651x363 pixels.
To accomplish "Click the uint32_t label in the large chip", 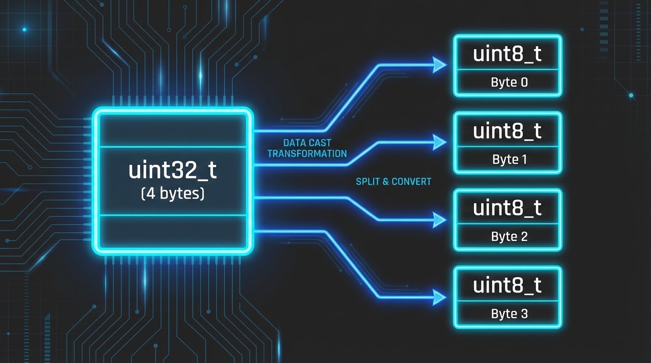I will point(173,171).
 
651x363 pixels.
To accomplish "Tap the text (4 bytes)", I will point(173,194).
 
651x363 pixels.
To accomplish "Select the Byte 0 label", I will point(509,82).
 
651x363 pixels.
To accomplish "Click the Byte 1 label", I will point(509,159).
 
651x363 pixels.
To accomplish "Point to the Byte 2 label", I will point(509,236).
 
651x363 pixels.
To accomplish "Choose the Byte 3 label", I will point(509,313).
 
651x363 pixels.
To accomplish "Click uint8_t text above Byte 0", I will point(507,54).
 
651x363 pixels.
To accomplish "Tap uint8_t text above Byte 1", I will point(507,131).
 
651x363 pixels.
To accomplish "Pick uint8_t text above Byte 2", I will point(507,208).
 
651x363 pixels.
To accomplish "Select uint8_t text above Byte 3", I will point(507,285).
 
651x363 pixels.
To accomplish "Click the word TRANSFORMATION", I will point(307,154).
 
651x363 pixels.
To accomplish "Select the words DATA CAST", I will point(307,143).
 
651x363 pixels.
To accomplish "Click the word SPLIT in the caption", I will point(368,181).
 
